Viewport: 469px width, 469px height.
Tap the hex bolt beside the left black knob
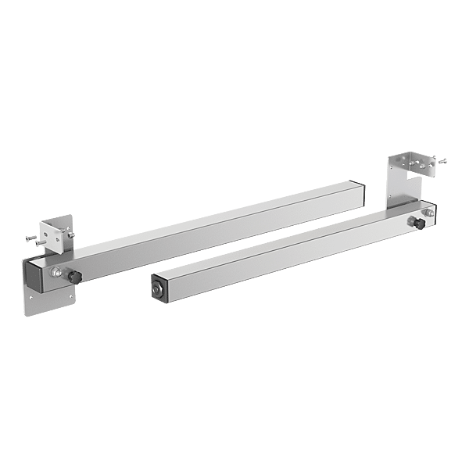point(57,273)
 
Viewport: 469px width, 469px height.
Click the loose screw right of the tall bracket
point(442,162)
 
